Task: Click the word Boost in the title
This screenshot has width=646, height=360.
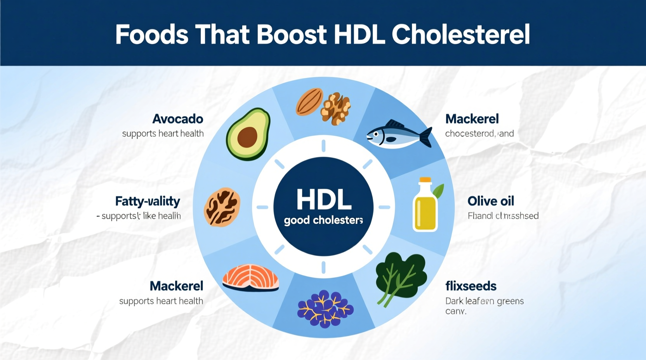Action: pos(291,35)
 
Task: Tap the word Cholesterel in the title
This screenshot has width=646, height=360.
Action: pos(461,35)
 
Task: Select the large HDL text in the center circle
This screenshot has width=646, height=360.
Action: pos(324,200)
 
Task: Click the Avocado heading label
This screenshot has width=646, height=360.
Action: pos(178,119)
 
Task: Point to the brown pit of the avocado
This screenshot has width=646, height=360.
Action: pos(247,137)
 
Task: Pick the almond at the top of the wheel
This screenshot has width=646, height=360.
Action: pos(309,102)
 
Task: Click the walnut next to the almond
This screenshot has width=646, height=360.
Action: pos(335,108)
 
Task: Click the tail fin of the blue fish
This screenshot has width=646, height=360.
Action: pos(427,137)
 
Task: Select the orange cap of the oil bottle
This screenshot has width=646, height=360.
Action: pos(425,180)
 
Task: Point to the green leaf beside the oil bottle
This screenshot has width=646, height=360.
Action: pos(438,191)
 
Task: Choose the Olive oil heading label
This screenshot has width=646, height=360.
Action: pos(491,201)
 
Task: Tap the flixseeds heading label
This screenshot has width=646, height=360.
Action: pos(471,286)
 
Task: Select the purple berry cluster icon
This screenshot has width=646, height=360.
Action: pos(325,308)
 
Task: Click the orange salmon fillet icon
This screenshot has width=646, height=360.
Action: pos(251,278)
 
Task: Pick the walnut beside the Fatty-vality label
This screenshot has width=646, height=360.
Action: pos(222,207)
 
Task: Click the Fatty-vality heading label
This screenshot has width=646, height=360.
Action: pos(148,201)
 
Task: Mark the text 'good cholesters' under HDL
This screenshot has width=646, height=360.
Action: pos(323,220)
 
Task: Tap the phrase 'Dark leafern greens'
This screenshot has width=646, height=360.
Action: pos(484,301)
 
